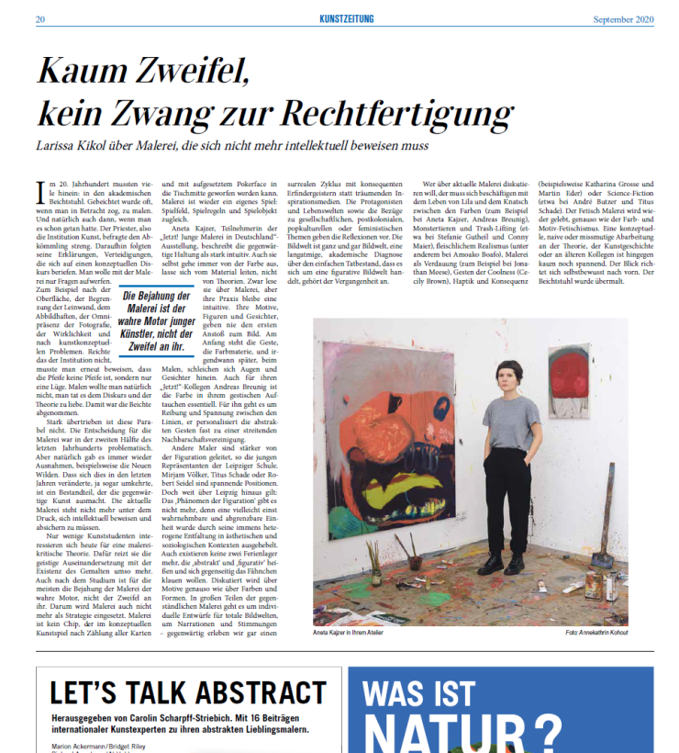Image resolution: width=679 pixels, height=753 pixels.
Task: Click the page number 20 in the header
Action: pos(40,19)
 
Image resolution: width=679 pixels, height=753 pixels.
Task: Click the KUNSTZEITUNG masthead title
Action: pos(354,19)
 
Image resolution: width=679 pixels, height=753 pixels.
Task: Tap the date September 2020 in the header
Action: pos(624,19)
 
